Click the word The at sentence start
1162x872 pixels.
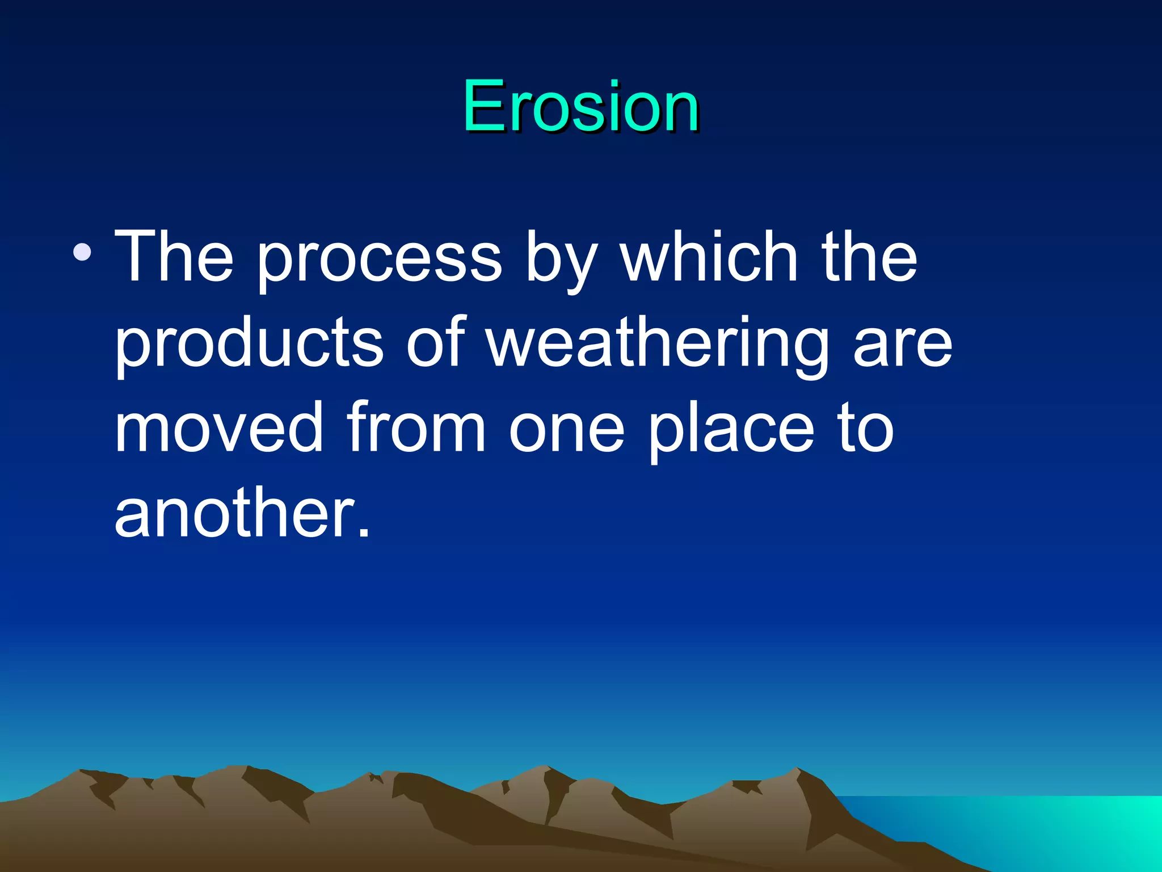pos(174,257)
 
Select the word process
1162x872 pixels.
pos(379,262)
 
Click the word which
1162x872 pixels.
pos(709,257)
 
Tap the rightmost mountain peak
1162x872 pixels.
pos(797,771)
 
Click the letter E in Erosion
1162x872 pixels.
pos(483,107)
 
